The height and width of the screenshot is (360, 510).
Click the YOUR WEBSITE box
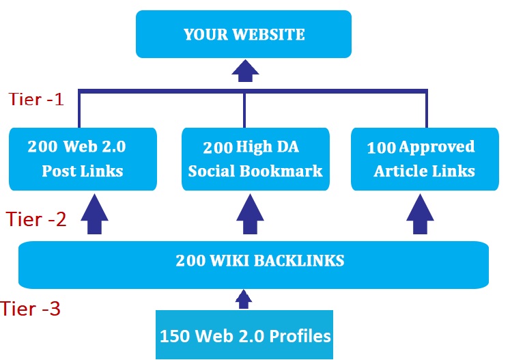pyautogui.click(x=244, y=35)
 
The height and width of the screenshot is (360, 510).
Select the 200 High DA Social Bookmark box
pyautogui.click(x=254, y=158)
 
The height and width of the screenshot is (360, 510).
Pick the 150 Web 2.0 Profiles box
pyautogui.click(x=244, y=335)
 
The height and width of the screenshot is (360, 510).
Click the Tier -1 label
pyautogui.click(x=37, y=99)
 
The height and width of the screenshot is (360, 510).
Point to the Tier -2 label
pyautogui.click(x=36, y=219)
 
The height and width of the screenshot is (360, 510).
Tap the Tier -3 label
pyautogui.click(x=31, y=309)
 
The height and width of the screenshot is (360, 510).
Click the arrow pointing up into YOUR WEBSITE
pyautogui.click(x=244, y=69)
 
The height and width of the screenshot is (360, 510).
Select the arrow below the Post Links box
pyautogui.click(x=94, y=214)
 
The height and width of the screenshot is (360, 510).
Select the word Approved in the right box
pyautogui.click(x=437, y=147)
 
